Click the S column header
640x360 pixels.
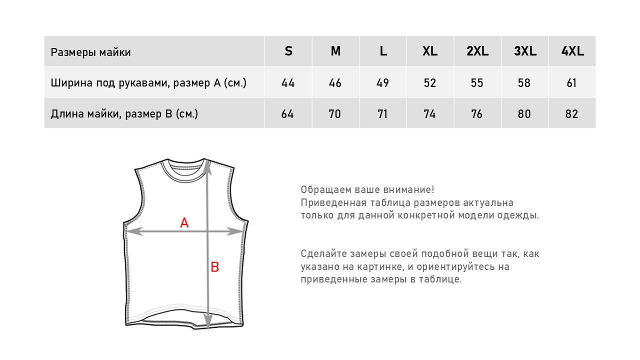[288, 51]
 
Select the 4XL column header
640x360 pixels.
[572, 51]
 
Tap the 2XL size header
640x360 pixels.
[477, 51]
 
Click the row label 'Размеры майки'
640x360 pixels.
[90, 52]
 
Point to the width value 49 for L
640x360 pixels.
[382, 83]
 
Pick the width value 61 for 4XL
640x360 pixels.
[572, 83]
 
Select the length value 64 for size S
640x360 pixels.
[287, 114]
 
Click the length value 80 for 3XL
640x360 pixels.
[524, 114]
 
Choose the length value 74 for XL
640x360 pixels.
[429, 114]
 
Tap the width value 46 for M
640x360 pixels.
[335, 83]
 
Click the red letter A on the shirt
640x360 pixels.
[184, 223]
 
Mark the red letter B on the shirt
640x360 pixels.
[214, 267]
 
